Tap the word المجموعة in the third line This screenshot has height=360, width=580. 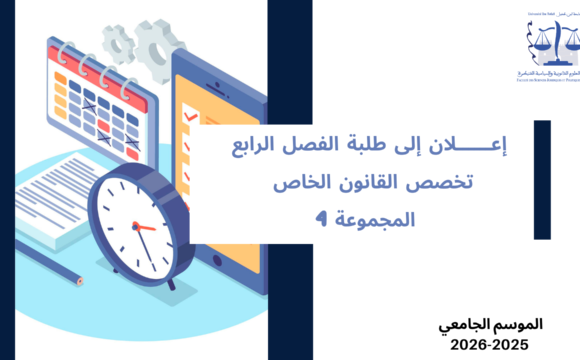click(x=374, y=218)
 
